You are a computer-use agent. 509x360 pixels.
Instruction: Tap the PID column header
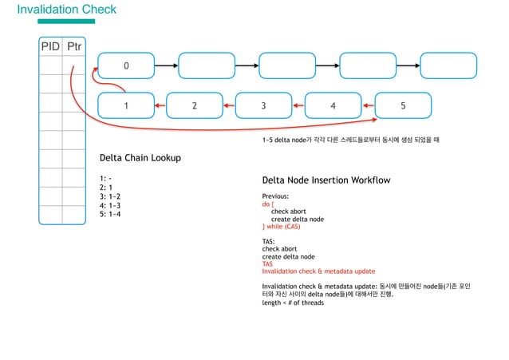(x=50, y=47)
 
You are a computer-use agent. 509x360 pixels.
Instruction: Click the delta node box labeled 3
(x=263, y=105)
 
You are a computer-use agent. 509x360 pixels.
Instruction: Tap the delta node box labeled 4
(x=333, y=105)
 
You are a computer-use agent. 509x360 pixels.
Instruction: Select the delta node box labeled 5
(x=403, y=105)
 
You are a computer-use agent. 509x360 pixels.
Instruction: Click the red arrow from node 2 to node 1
(x=160, y=105)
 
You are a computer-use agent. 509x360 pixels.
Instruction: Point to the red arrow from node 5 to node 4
(x=368, y=105)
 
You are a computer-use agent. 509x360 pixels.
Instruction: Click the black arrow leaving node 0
(x=164, y=65)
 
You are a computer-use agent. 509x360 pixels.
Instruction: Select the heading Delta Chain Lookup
(x=140, y=158)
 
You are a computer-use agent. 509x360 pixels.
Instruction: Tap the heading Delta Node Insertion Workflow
(x=326, y=180)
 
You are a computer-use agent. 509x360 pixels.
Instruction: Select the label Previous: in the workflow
(x=275, y=196)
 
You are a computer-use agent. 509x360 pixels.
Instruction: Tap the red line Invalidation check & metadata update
(x=318, y=271)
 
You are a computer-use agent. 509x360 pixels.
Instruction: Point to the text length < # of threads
(x=293, y=303)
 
